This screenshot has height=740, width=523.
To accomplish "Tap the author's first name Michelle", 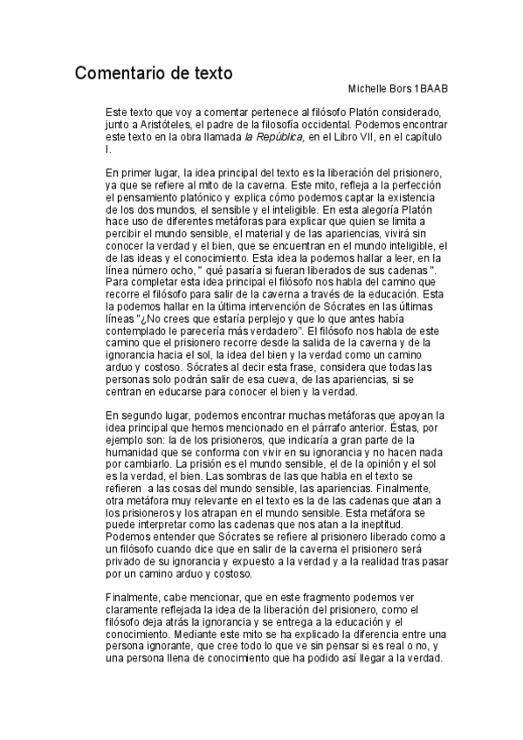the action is pyautogui.click(x=368, y=91).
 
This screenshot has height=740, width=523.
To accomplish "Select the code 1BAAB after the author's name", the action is pyautogui.click(x=430, y=91).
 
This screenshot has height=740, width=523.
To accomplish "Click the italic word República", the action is pyautogui.click(x=279, y=137).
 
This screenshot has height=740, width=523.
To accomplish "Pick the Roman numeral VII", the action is pyautogui.click(x=376, y=137).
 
